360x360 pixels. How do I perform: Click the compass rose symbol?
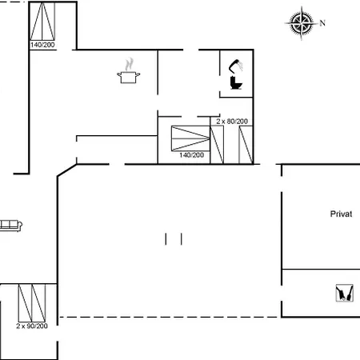coord(302,23)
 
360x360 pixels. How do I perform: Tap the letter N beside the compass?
coord(322,23)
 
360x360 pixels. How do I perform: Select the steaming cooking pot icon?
coord(129,70)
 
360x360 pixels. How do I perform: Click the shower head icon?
coord(236,66)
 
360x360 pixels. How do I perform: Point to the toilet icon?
coord(236,82)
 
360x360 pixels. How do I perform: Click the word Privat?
coord(341,214)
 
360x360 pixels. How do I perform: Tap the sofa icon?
coord(10,226)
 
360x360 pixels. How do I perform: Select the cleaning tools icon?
coord(344,293)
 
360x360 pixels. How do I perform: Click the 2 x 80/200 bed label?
coord(232,122)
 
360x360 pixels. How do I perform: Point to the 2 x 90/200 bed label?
coord(32,326)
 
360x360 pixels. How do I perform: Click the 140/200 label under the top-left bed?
coord(42,45)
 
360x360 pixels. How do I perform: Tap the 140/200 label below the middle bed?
coord(192,155)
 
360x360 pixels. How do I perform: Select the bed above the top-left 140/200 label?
coord(42,22)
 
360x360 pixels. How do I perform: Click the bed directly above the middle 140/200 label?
coord(190,138)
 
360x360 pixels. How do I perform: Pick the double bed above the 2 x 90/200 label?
coord(32,303)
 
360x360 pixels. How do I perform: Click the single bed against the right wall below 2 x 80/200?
coord(246,145)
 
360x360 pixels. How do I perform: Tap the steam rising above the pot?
coord(129,64)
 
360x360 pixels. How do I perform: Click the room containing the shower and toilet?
coord(236,74)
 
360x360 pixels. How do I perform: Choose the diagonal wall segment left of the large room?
coord(67,170)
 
